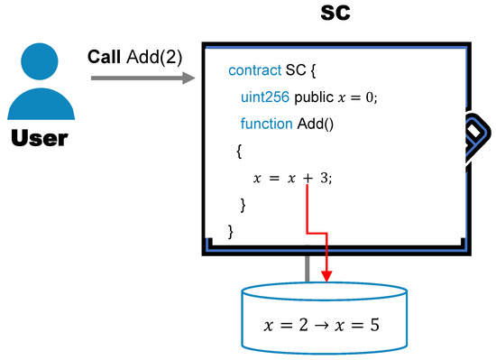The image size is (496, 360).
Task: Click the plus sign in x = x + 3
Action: tap(307, 178)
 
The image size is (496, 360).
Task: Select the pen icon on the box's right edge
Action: tap(475, 138)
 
